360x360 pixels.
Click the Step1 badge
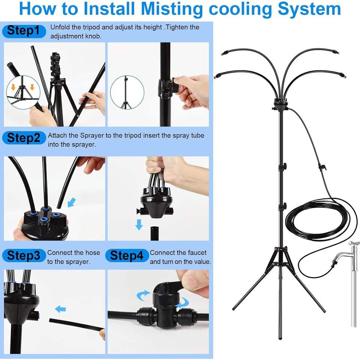tap(24, 31)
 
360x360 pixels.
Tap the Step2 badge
tap(24, 138)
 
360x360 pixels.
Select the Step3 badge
tap(24, 255)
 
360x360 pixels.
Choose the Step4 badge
tap(127, 255)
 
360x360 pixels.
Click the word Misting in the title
tap(171, 9)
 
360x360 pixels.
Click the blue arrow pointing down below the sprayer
tap(139, 224)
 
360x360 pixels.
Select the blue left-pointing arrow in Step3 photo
tap(60, 309)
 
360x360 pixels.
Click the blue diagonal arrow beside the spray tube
tap(72, 203)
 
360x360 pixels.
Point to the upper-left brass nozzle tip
tap(222, 54)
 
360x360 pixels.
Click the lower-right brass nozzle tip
tap(344, 76)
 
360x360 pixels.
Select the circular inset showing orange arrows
tap(23, 92)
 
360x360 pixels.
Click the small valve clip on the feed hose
tap(322, 166)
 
